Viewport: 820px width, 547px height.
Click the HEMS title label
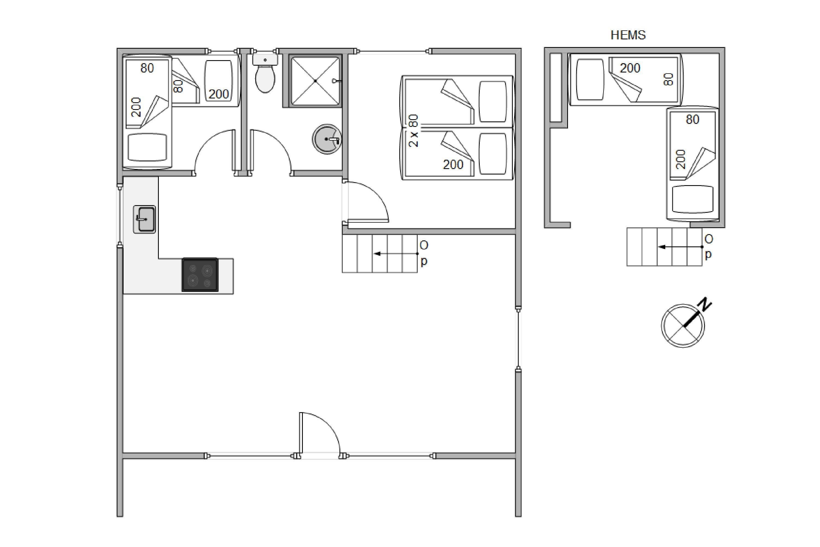tap(628, 35)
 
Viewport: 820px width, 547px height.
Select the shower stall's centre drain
tap(315, 81)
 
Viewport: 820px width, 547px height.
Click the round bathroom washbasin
tap(327, 139)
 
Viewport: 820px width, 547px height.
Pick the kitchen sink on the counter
tap(145, 219)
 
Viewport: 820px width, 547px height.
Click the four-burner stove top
tap(200, 275)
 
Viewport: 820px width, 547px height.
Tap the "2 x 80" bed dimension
tap(414, 130)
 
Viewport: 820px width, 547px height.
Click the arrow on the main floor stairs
tap(395, 254)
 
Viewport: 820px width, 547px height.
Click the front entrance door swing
tap(320, 433)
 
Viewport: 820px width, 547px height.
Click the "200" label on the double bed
tap(453, 165)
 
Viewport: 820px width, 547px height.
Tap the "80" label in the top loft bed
tap(668, 79)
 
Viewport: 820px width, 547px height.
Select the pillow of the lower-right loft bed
tap(692, 199)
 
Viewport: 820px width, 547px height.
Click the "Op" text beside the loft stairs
tap(708, 247)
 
